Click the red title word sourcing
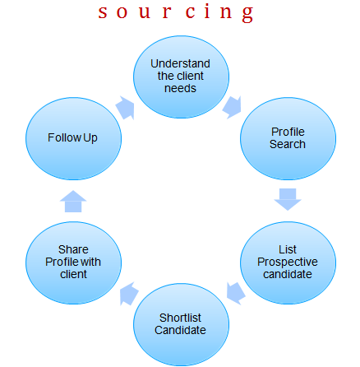(x=176, y=12)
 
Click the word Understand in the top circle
(x=180, y=63)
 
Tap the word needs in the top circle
(x=180, y=88)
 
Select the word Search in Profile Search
(x=288, y=144)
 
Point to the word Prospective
(x=288, y=262)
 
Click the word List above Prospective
(x=288, y=249)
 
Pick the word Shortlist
(x=180, y=318)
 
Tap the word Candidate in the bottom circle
(x=180, y=330)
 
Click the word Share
(x=73, y=249)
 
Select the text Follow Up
(x=72, y=137)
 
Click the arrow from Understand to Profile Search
(x=233, y=107)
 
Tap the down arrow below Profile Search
(x=288, y=199)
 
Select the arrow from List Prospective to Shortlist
(x=235, y=293)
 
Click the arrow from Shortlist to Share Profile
(x=129, y=294)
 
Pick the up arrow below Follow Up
(x=73, y=202)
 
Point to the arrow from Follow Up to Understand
(x=126, y=108)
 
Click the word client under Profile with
(x=73, y=274)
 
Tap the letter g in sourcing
(x=247, y=14)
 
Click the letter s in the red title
(x=103, y=13)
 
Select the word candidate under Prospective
(x=288, y=274)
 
